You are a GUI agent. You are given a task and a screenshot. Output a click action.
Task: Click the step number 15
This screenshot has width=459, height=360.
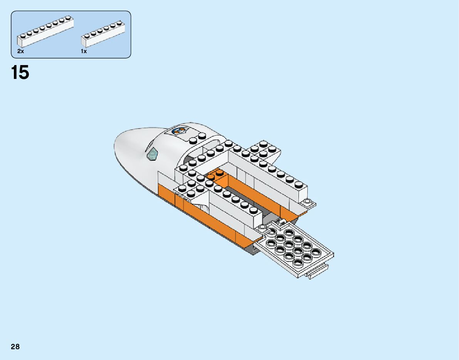coord(20,72)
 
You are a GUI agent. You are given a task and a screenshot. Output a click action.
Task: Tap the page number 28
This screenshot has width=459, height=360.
coord(15,347)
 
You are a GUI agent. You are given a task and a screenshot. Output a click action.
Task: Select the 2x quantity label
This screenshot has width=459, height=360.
coord(20,51)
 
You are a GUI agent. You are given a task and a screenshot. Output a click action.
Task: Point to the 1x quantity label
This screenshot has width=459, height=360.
coord(84,51)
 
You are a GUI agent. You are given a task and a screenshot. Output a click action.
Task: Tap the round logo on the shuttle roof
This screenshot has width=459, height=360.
coord(178,131)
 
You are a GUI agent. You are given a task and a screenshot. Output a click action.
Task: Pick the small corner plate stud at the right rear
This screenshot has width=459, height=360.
coord(307,201)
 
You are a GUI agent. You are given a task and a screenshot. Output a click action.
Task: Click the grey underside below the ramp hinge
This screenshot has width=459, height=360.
coord(251,249)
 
